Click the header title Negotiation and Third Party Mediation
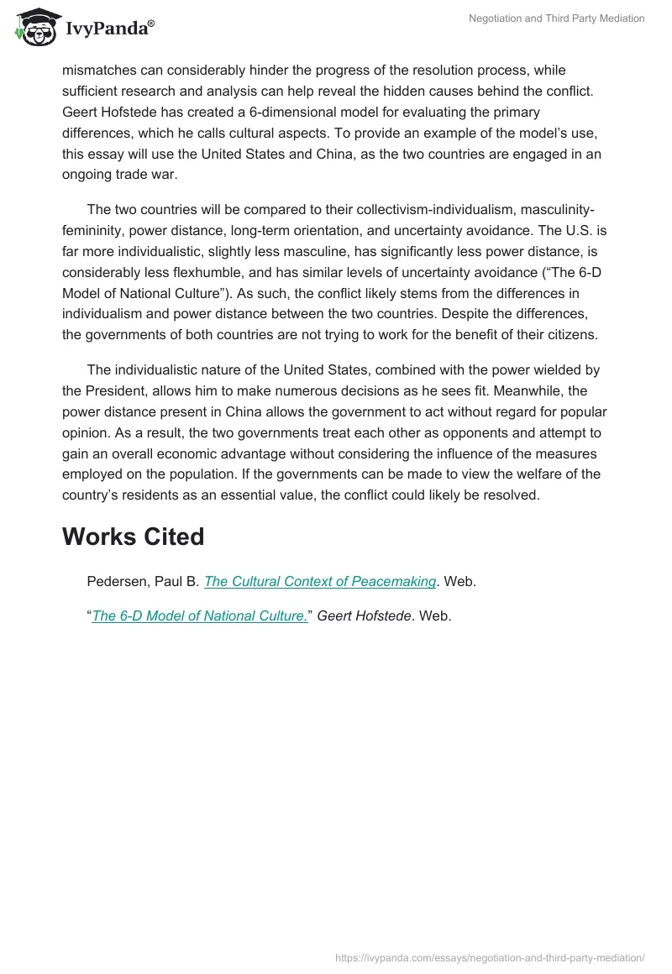pyautogui.click(x=556, y=18)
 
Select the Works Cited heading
pyautogui.click(x=133, y=537)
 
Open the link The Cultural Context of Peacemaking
pyautogui.click(x=320, y=581)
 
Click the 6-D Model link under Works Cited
pyautogui.click(x=200, y=615)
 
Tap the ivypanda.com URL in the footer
pyautogui.click(x=490, y=956)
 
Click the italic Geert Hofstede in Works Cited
pyautogui.click(x=366, y=615)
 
